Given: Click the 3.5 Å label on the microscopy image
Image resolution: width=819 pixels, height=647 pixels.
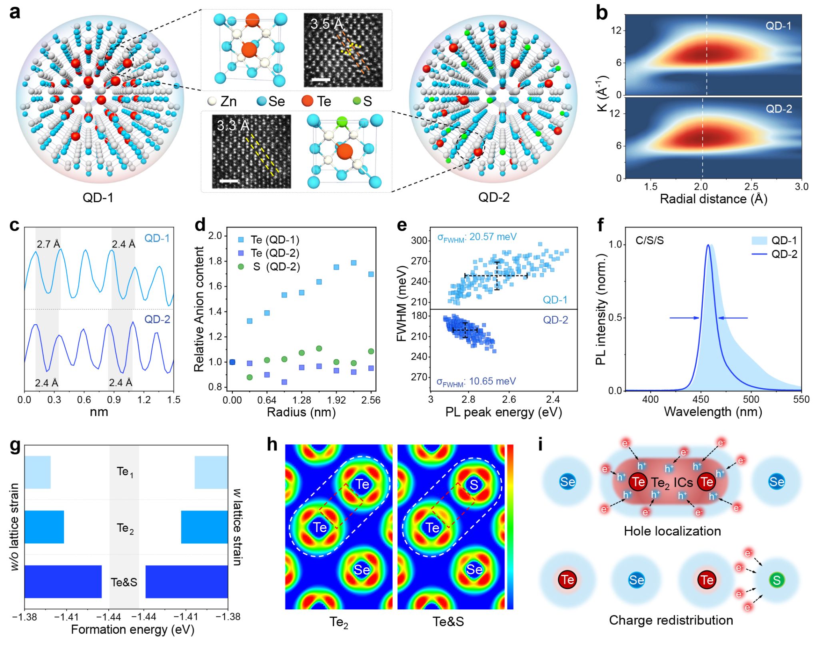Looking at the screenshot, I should coord(327,24).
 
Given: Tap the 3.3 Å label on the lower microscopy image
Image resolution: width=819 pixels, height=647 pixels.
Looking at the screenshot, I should coord(233,126).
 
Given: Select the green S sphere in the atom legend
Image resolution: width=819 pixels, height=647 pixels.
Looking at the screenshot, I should coord(357,101).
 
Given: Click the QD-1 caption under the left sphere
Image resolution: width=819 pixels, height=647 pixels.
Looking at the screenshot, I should coord(98,197).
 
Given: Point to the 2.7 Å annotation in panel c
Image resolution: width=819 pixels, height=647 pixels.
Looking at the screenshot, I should coord(48,244).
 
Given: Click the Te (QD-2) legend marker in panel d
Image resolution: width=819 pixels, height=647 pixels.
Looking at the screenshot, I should coord(241,253).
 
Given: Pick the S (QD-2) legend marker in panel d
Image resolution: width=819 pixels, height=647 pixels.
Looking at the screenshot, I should coord(241,266).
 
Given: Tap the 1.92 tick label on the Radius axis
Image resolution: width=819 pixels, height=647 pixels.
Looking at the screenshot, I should coord(336,400).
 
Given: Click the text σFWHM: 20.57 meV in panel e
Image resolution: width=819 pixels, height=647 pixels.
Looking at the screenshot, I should coord(477,237).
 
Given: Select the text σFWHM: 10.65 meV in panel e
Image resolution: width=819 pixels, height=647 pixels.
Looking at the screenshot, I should coord(476,382).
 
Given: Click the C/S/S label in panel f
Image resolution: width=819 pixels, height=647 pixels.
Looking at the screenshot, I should coord(649,241).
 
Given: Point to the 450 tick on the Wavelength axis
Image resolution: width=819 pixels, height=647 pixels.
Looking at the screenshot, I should coord(701,399).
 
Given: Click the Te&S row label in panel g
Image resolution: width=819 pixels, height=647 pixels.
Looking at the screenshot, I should coord(124,582).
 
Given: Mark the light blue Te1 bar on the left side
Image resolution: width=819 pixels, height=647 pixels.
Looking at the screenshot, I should coord(38,472).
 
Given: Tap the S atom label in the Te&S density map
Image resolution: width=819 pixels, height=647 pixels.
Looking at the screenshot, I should coord(474,485).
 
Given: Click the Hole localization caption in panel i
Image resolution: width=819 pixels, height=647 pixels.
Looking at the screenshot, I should coord(672,531).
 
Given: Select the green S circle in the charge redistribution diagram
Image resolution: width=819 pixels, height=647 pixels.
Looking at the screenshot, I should coord(777,580).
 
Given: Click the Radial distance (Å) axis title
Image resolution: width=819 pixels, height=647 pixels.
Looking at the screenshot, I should coord(713,199).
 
